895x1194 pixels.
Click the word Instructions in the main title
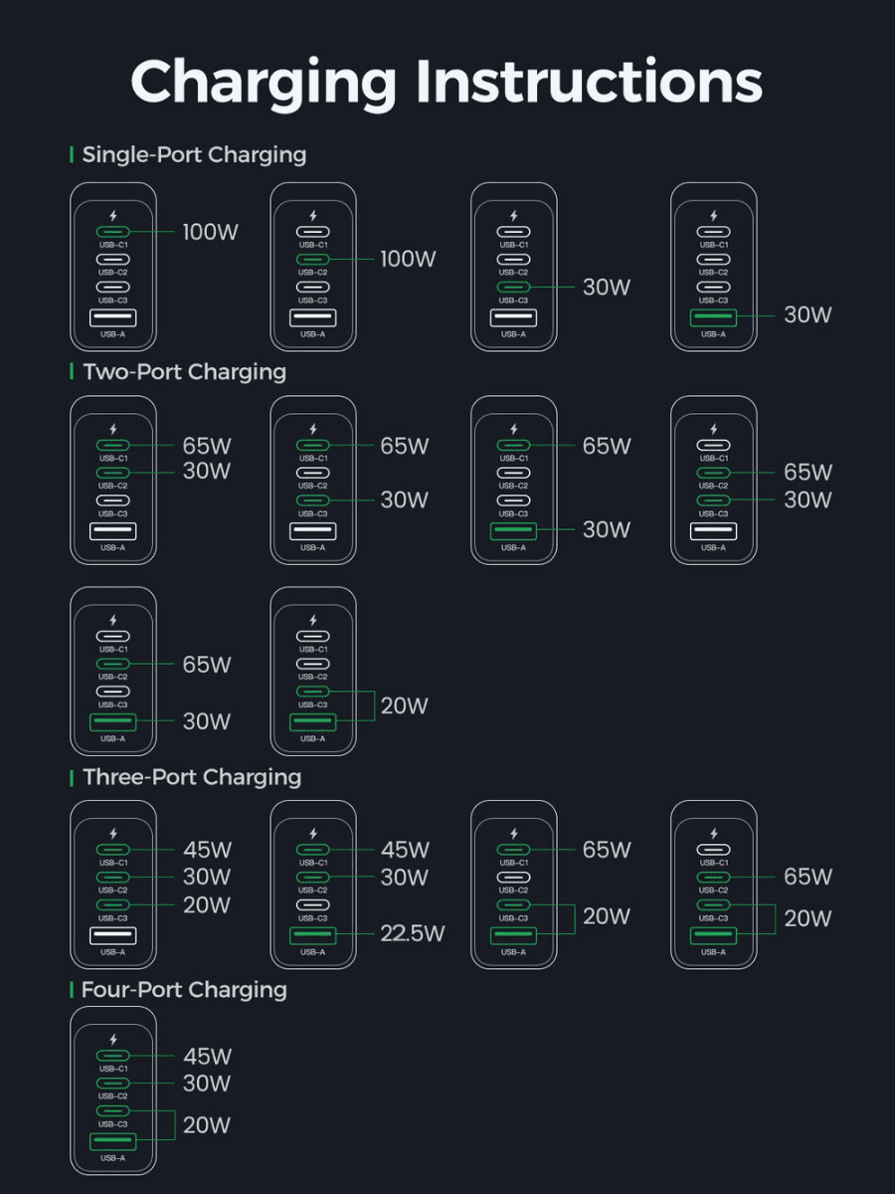(589, 83)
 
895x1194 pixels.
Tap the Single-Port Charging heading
(194, 155)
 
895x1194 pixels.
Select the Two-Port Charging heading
(184, 372)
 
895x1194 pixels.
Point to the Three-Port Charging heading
(192, 778)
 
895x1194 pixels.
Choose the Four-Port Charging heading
(184, 991)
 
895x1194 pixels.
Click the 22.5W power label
(413, 933)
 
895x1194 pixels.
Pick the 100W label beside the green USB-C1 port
(210, 232)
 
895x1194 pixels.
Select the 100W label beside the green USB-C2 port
(408, 259)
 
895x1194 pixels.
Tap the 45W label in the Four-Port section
(207, 1057)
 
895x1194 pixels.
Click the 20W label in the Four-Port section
(207, 1125)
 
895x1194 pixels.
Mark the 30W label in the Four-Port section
(207, 1084)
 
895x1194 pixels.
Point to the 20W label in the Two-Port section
(405, 706)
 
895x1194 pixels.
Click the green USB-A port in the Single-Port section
(713, 317)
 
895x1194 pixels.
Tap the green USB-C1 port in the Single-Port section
(113, 232)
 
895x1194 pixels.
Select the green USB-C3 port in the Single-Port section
(513, 287)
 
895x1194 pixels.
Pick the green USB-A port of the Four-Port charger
(113, 1140)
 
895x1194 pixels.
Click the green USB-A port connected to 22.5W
(313, 935)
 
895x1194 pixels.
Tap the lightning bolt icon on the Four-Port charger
(113, 1040)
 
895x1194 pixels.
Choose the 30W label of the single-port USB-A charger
(807, 315)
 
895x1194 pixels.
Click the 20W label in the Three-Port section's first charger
(207, 905)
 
